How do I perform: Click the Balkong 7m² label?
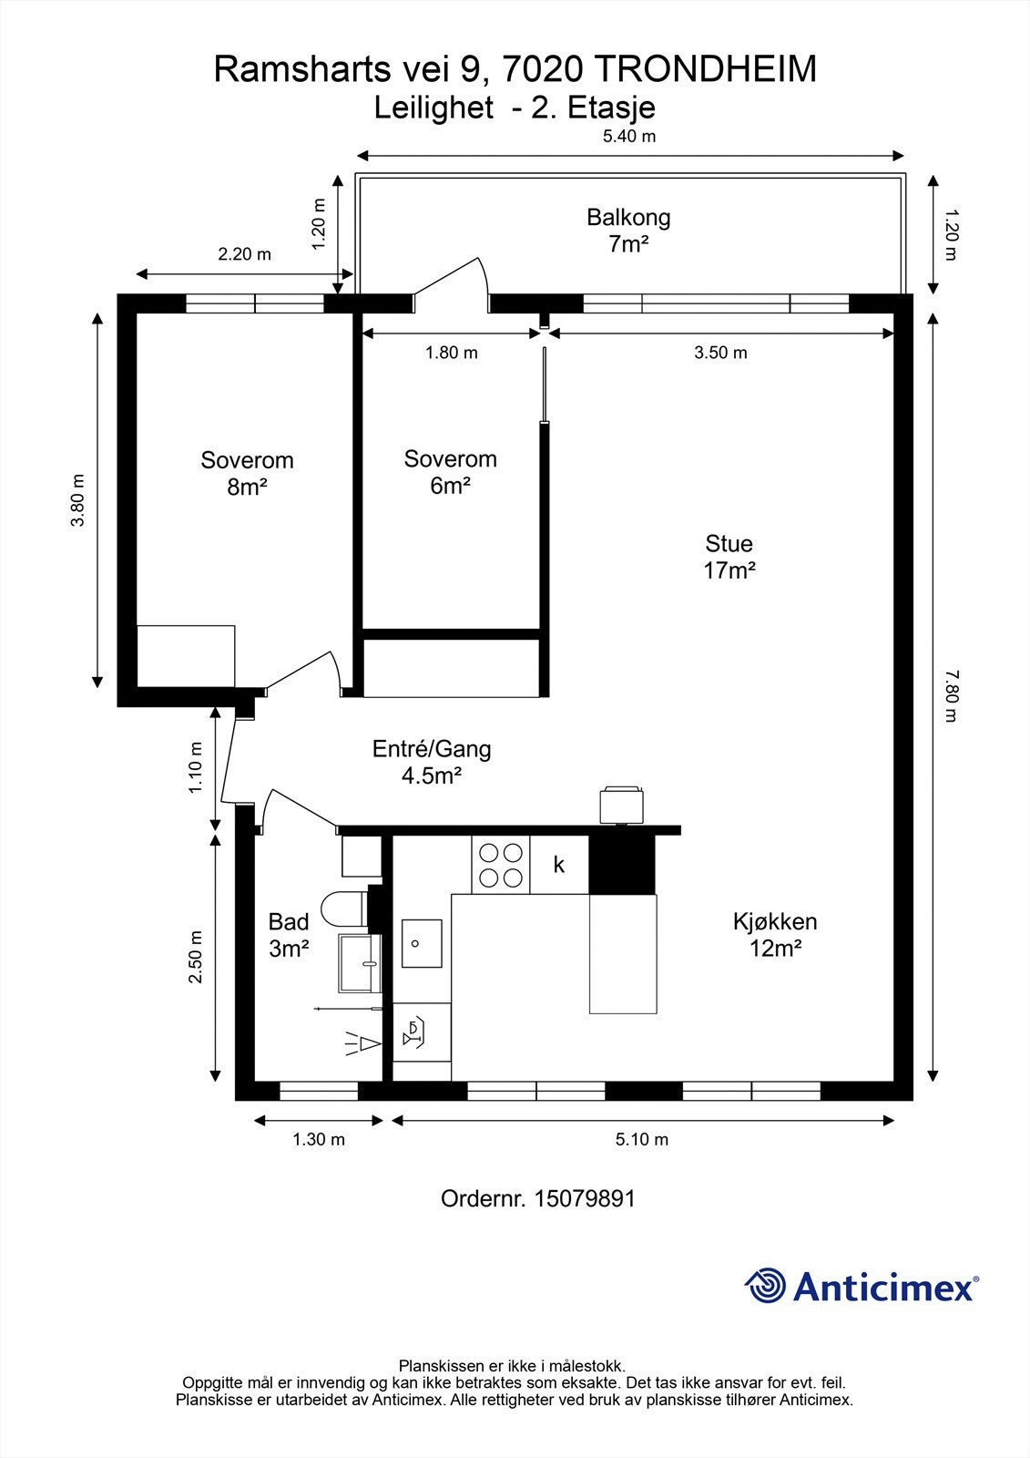[x=628, y=231]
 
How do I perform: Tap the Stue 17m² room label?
[x=729, y=557]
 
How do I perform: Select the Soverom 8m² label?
[x=247, y=473]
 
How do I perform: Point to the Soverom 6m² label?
[x=450, y=472]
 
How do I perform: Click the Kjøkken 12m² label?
[x=775, y=935]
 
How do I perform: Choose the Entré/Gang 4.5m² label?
[x=432, y=762]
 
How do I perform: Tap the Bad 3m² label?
[x=289, y=935]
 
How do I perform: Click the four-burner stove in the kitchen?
[x=501, y=865]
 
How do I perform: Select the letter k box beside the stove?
[x=559, y=865]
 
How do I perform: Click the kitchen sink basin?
[x=422, y=943]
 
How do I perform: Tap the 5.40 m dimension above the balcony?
[x=629, y=137]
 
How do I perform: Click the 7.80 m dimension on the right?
[x=951, y=696]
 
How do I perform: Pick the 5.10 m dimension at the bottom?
[x=642, y=1139]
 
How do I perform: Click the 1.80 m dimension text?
[x=452, y=353]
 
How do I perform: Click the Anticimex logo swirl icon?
[x=765, y=1287]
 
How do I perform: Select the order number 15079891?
[x=585, y=1198]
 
